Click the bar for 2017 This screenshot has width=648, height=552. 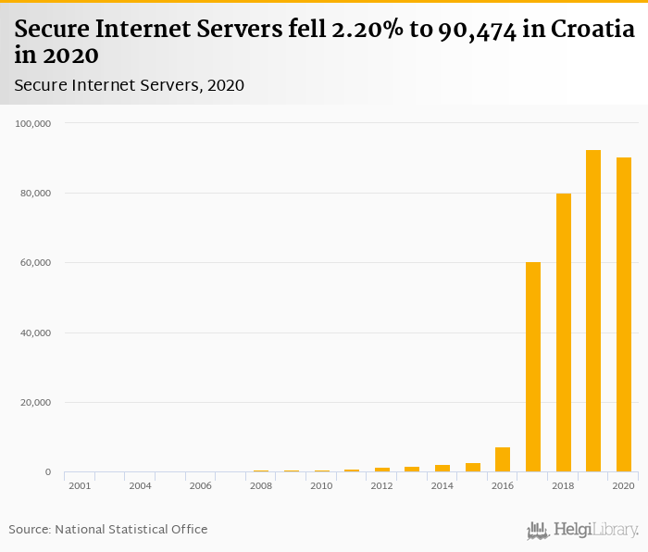[x=533, y=367]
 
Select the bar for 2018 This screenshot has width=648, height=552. [x=563, y=332]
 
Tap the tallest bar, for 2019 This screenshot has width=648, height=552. [x=593, y=311]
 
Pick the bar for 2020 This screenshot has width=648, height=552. [x=624, y=315]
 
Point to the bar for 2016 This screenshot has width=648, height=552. [x=503, y=460]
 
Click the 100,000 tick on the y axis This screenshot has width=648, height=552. [x=35, y=123]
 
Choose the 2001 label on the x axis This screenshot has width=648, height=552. [x=80, y=485]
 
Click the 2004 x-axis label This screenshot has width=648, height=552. [x=140, y=485]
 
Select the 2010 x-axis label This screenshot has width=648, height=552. [x=321, y=485]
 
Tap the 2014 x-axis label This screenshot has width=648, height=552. [x=442, y=485]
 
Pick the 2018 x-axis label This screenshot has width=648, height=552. [x=563, y=485]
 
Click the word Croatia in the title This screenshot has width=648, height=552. [x=592, y=29]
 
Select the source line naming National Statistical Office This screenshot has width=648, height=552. [x=108, y=530]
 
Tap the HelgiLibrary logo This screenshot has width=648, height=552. [x=583, y=531]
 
